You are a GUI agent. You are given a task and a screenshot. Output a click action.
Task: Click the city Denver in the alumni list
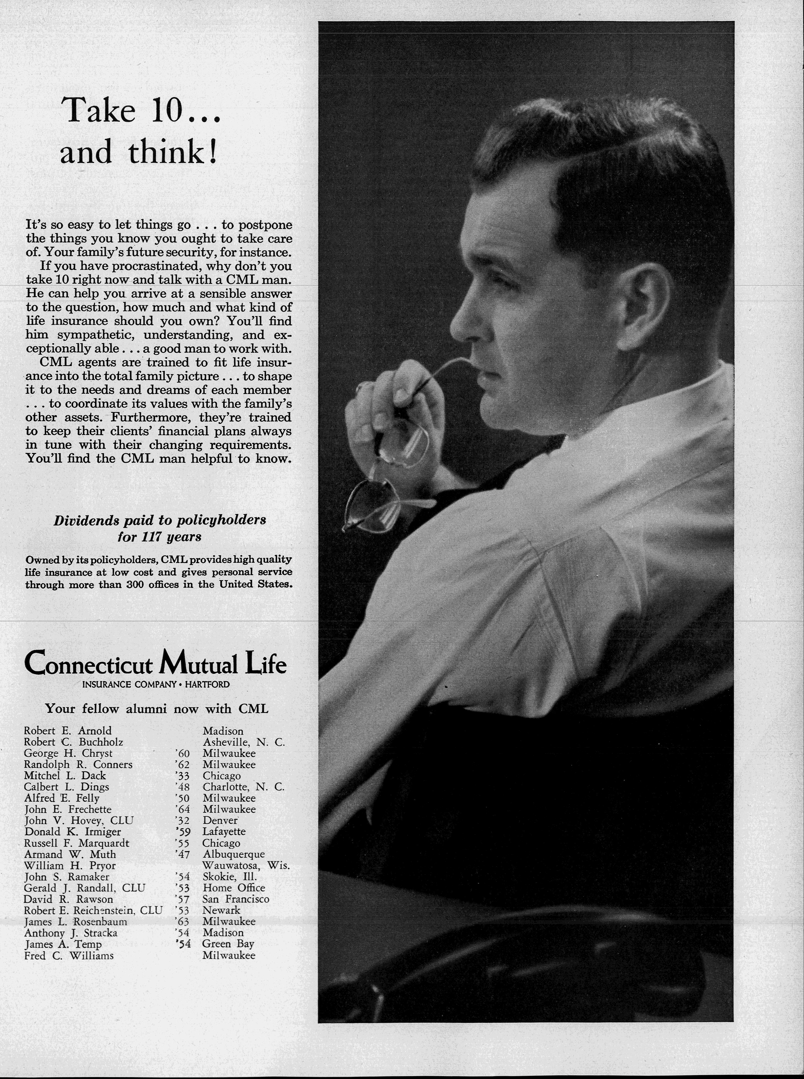[x=220, y=820]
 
